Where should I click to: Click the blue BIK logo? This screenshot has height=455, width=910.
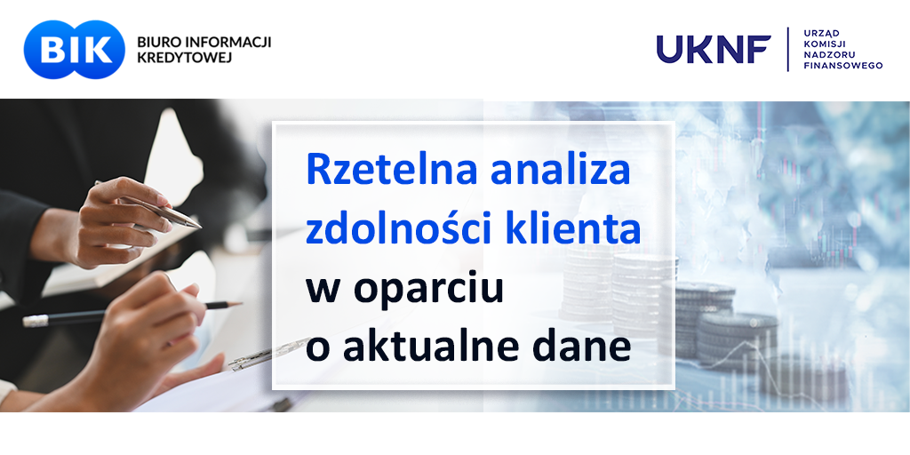coord(75,50)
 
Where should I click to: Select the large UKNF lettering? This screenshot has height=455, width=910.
coord(714,50)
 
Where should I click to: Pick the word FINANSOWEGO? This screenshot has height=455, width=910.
coord(842,66)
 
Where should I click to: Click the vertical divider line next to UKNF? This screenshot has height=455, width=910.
coord(787,50)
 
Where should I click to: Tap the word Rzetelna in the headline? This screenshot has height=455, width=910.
coord(393,170)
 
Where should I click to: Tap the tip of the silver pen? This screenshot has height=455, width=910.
coord(200,227)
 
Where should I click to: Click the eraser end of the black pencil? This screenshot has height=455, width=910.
coord(35,321)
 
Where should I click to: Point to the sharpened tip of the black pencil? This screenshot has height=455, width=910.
coord(240,303)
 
